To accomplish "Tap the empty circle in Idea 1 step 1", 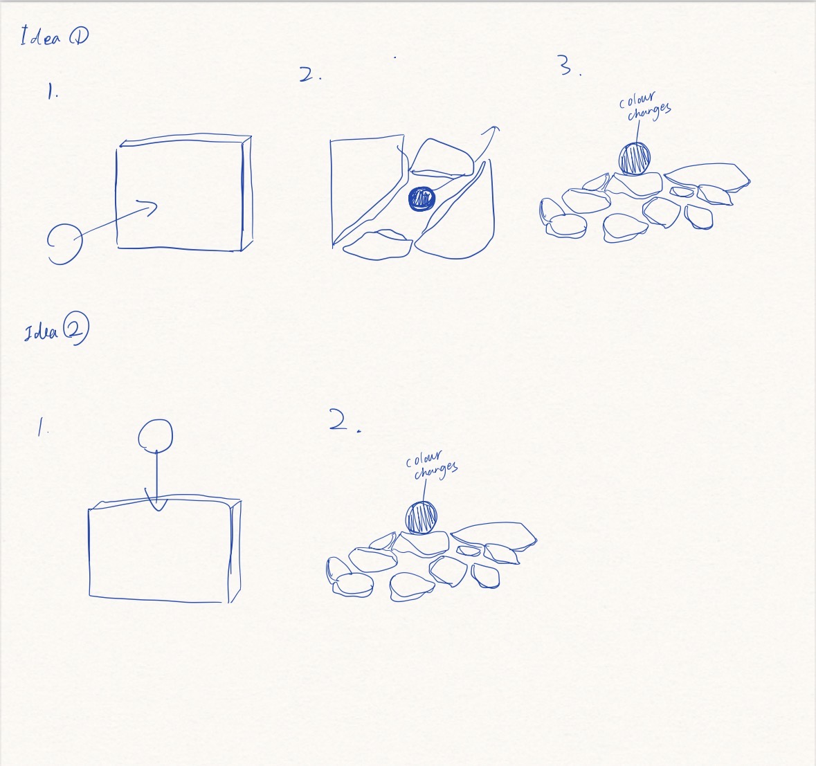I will tap(64, 243).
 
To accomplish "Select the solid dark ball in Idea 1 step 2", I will tap(421, 199).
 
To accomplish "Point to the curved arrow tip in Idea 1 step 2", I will tap(493, 129).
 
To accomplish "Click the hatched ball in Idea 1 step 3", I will tap(634, 158).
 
